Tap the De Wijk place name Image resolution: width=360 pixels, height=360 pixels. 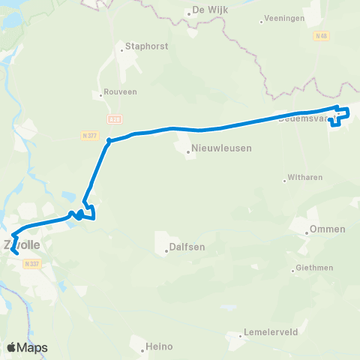(x=210, y=10)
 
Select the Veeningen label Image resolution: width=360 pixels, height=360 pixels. (x=285, y=21)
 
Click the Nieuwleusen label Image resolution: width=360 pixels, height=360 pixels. (x=221, y=148)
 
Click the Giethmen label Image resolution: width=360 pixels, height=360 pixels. (x=335, y=267)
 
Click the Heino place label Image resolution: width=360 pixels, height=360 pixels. (x=160, y=346)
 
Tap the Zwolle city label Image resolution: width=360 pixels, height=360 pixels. (x=21, y=244)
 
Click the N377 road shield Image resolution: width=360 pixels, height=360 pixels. (x=88, y=135)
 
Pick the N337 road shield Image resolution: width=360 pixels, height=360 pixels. (x=30, y=263)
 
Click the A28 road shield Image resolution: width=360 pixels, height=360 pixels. (x=114, y=119)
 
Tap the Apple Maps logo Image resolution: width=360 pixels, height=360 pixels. (x=27, y=347)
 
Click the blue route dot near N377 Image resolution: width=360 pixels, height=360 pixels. (x=109, y=140)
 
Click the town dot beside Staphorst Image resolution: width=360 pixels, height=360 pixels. (x=121, y=51)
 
